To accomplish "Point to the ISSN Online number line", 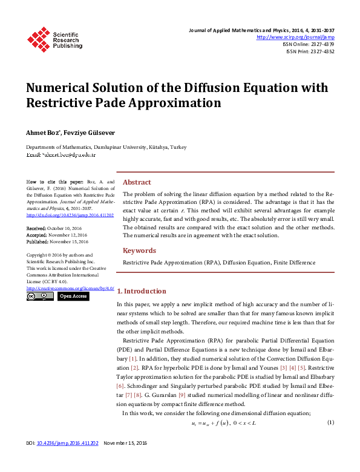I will click(308, 44).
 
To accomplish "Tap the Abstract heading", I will click(137, 182).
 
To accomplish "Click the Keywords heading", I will click(139, 251).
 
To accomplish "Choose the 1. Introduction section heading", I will click(141, 291).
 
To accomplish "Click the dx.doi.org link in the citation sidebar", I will click(70, 214).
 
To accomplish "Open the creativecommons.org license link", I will click(70, 288).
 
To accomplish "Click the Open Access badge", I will click(73, 297).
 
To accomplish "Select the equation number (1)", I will click(330, 422).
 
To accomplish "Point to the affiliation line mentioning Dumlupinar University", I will click(106, 147).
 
